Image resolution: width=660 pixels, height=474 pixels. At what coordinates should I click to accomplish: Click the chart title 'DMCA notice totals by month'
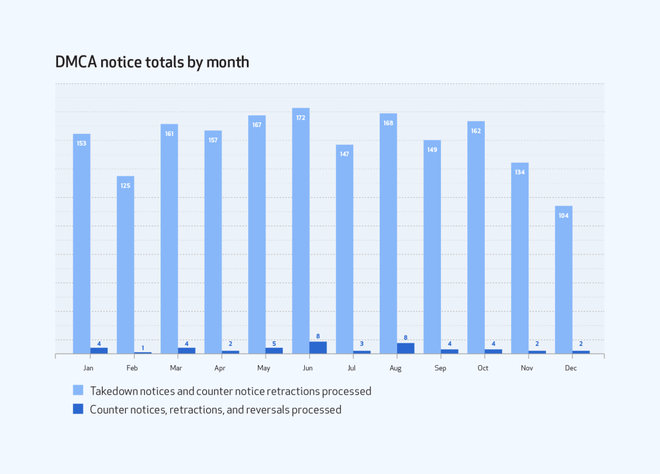(152, 62)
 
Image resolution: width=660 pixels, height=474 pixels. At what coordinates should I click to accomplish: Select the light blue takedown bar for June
(300, 232)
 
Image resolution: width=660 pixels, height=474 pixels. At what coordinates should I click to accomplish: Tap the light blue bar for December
(563, 280)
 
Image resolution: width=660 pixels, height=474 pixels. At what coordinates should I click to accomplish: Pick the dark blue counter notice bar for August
(405, 348)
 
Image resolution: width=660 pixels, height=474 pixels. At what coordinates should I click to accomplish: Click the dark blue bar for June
(318, 348)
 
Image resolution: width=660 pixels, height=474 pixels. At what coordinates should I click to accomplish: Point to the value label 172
(300, 118)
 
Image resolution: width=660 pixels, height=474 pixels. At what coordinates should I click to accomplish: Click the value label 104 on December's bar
(563, 216)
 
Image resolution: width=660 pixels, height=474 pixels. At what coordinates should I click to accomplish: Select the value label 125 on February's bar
(125, 186)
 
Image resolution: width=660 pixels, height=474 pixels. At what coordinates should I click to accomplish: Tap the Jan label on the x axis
(88, 368)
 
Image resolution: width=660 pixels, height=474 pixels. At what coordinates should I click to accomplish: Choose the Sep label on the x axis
(440, 368)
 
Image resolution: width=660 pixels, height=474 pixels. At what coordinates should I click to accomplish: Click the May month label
(264, 368)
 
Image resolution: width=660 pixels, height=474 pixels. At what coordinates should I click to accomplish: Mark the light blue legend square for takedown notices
(78, 390)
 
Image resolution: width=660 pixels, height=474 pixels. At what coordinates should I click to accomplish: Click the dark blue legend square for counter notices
(78, 408)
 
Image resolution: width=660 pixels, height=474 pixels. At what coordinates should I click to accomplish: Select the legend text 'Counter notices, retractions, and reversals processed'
(215, 409)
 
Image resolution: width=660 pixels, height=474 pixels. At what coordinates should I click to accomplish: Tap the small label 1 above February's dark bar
(142, 348)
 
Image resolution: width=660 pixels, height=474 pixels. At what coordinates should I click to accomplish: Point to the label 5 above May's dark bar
(274, 343)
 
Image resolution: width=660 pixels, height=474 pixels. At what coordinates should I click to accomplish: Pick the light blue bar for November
(519, 258)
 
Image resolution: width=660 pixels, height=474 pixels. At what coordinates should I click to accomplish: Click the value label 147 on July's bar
(344, 155)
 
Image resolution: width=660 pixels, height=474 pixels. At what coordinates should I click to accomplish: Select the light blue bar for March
(169, 238)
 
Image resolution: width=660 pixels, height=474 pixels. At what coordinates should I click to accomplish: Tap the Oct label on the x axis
(483, 368)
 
